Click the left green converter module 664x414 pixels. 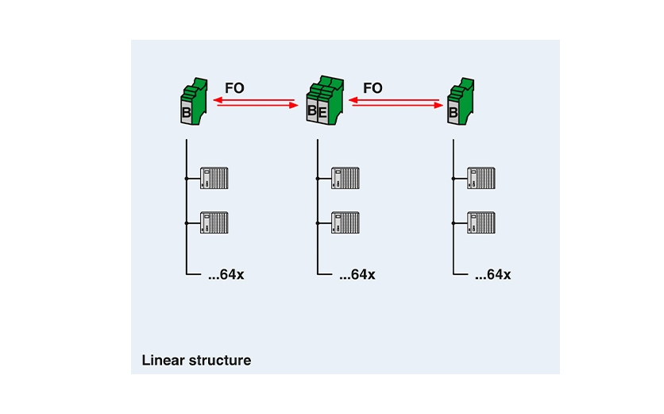pyautogui.click(x=194, y=101)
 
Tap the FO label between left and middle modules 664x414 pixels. pyautogui.click(x=234, y=87)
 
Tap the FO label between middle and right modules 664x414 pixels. pyautogui.click(x=373, y=87)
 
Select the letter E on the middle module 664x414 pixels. pyautogui.click(x=322, y=113)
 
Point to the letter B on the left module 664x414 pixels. pyautogui.click(x=187, y=114)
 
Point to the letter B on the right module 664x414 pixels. pyautogui.click(x=453, y=114)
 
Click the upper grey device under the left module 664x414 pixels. pyautogui.click(x=214, y=178)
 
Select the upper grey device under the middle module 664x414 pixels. pyautogui.click(x=346, y=178)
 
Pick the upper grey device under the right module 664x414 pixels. pyautogui.click(x=481, y=178)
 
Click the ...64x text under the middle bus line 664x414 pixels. pyautogui.click(x=357, y=275)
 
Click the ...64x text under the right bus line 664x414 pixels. pyautogui.click(x=492, y=275)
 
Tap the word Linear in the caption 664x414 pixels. pyautogui.click(x=162, y=360)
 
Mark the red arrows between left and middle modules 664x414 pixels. pyautogui.click(x=255, y=103)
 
